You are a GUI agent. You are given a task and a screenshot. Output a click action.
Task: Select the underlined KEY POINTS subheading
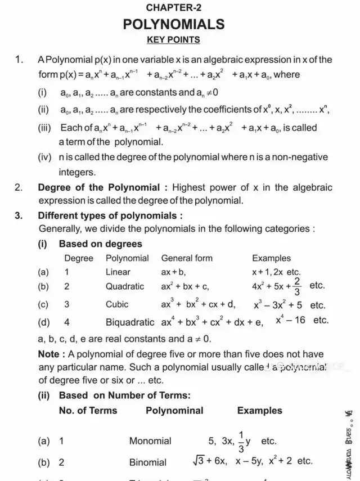click(x=173, y=40)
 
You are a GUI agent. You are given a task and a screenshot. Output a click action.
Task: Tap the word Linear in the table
click(x=118, y=272)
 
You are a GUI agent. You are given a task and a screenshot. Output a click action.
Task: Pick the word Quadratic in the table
click(x=125, y=286)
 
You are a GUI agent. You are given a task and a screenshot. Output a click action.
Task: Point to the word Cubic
click(x=117, y=304)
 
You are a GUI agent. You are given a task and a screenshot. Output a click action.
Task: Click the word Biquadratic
click(x=130, y=322)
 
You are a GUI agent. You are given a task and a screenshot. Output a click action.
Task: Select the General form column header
click(x=187, y=258)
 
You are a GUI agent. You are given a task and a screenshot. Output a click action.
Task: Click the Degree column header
click(x=79, y=258)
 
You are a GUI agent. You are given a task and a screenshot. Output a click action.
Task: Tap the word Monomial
click(x=150, y=440)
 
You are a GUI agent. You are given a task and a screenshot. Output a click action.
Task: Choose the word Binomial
click(x=148, y=462)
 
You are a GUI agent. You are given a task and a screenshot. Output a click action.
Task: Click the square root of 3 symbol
click(x=197, y=461)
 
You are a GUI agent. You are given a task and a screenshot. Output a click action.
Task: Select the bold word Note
click(x=48, y=354)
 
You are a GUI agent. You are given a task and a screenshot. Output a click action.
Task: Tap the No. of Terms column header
click(x=88, y=410)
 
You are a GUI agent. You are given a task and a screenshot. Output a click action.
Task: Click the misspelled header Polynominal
click(x=174, y=410)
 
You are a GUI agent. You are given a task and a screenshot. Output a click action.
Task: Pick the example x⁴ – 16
click(x=290, y=320)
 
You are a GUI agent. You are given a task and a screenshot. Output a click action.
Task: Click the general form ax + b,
click(x=173, y=272)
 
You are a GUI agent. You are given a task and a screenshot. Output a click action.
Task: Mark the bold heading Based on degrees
click(x=100, y=244)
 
